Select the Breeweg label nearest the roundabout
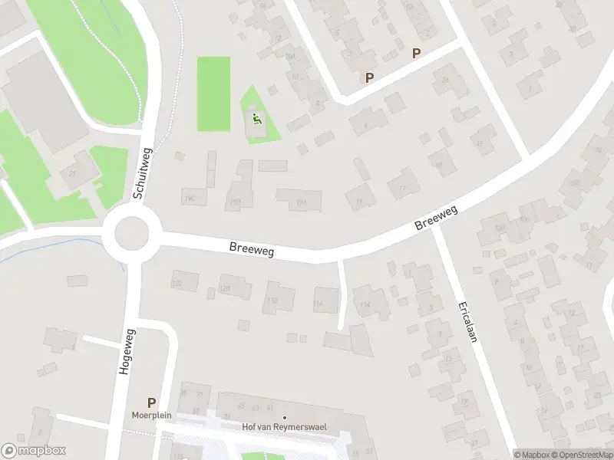click(252, 248)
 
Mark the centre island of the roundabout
click(132, 233)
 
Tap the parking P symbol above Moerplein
click(151, 402)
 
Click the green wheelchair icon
click(256, 119)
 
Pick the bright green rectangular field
click(213, 94)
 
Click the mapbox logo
click(34, 451)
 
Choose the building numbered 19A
click(300, 202)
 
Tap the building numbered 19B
click(235, 202)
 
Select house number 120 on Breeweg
click(226, 288)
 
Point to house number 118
click(272, 300)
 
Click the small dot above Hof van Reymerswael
click(285, 418)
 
